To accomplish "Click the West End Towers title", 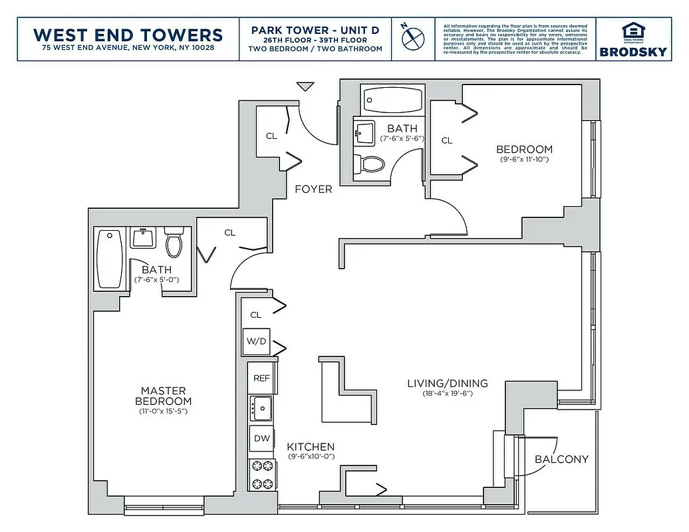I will tap(128, 34).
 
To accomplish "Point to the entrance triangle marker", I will tap(305, 86).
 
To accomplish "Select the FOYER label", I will tap(313, 190).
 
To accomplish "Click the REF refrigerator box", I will tap(261, 378).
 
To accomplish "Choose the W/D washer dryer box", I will tap(256, 342).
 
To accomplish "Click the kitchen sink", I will tap(261, 408).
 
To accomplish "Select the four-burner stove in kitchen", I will tap(261, 475).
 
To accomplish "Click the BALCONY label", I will tap(561, 459).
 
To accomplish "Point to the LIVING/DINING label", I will tap(447, 383).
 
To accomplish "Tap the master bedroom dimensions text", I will tap(163, 412).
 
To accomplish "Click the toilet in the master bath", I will tap(174, 243).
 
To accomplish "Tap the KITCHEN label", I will tap(311, 447).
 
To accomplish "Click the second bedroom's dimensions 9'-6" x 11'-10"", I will tap(524, 160).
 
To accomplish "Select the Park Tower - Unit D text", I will tap(316, 30).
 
